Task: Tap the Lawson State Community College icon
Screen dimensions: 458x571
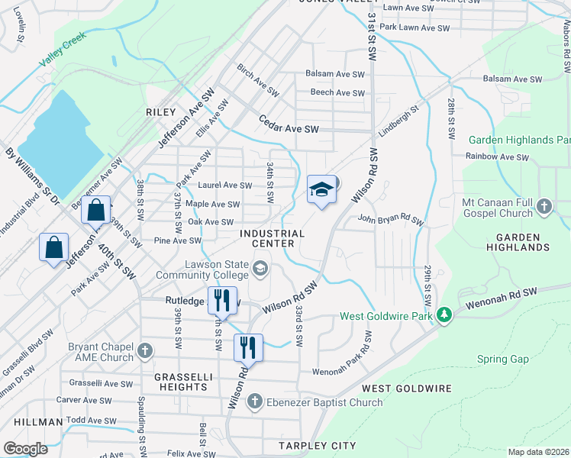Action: [x=260, y=267]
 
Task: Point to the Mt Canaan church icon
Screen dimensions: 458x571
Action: [x=544, y=205]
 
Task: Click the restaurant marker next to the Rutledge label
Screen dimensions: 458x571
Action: [x=222, y=300]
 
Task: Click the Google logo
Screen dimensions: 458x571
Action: [x=25, y=448]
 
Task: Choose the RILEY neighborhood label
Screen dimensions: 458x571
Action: [x=161, y=112]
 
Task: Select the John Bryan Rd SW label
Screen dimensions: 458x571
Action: [x=390, y=221]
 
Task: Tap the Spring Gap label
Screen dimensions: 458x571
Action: [x=502, y=359]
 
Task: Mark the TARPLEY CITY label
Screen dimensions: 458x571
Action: [x=307, y=445]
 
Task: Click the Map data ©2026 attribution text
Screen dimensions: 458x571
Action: [x=537, y=451]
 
